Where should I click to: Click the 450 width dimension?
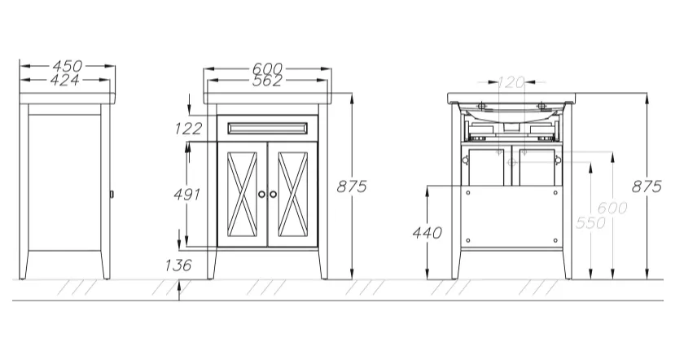pos(67,66)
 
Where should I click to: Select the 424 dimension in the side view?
pos(65,80)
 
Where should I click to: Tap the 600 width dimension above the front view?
pos(267,69)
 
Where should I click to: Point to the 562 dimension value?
pos(267,81)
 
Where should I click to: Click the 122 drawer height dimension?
pos(189,129)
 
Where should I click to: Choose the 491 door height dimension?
pos(187,194)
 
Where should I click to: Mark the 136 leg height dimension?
pos(178,265)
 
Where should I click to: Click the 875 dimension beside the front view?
pos(352,187)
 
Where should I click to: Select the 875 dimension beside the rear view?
pos(647,187)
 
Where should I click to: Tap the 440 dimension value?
pos(427,233)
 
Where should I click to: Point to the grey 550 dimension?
pos(590,222)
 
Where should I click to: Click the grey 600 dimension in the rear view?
pos(612,208)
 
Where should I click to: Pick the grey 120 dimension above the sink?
pos(511,81)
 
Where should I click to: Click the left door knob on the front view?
pos(261,194)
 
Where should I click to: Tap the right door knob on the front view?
pos(273,194)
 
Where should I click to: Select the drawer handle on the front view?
pos(267,129)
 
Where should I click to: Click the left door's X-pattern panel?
pos(242,194)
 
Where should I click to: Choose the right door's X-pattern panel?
pos(292,194)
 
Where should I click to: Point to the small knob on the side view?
pos(112,193)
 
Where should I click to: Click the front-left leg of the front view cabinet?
pos(212,264)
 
